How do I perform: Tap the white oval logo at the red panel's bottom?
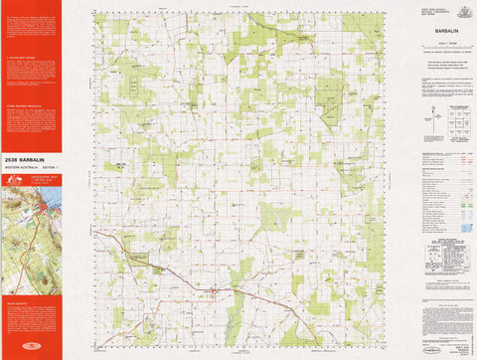coord(31,347)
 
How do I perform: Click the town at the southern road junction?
coord(213,290)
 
